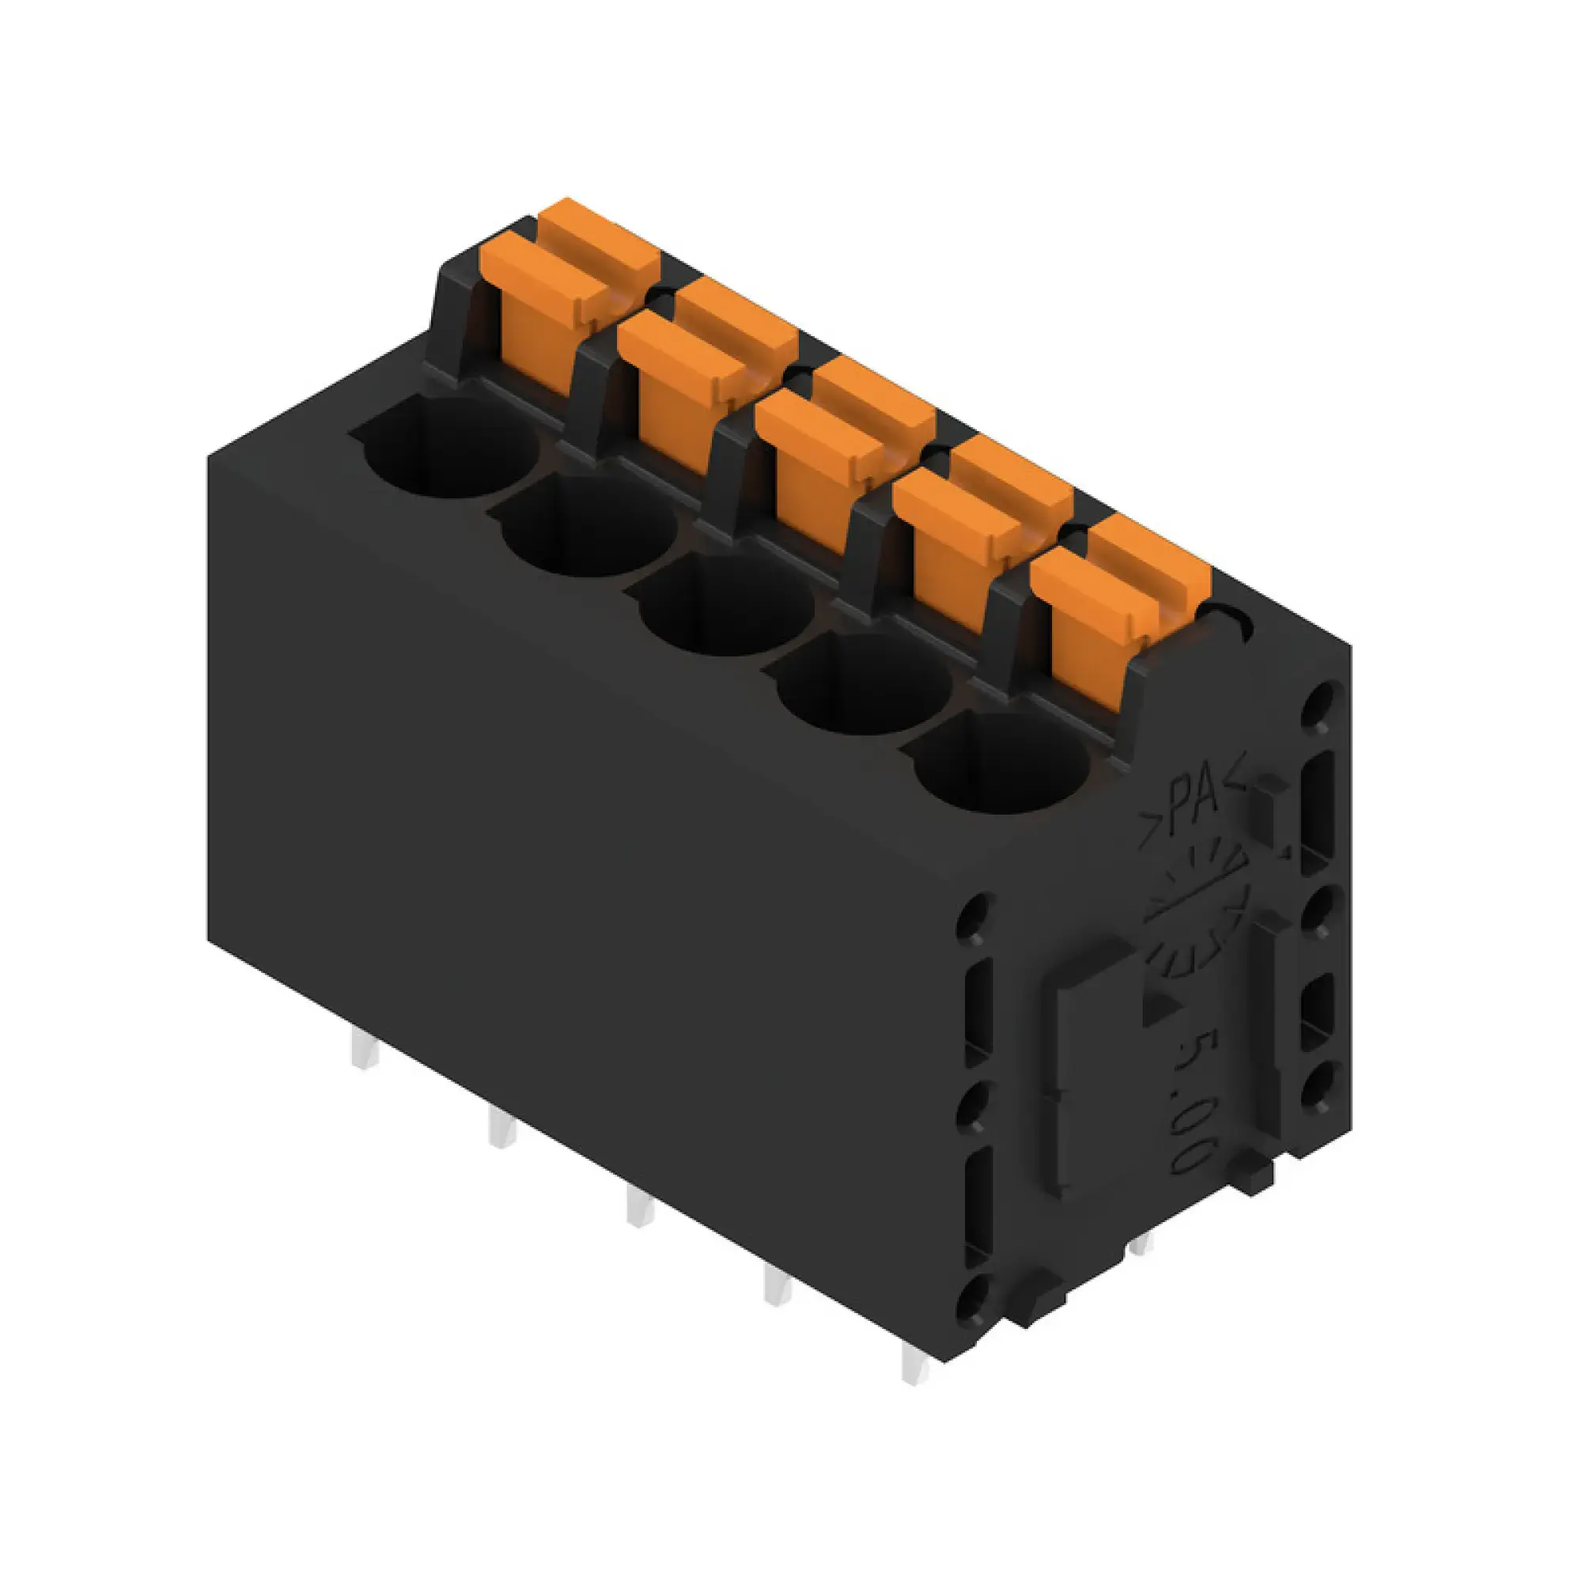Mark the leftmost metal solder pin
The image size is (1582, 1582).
[365, 1049]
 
